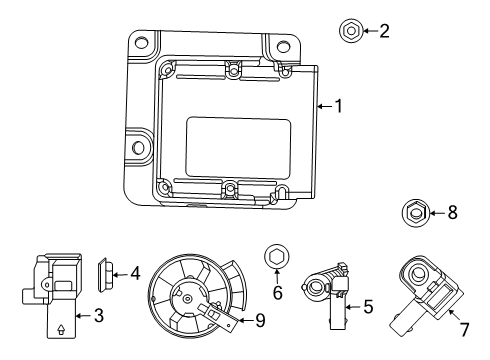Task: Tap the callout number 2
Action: click(x=384, y=31)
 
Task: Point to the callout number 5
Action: click(x=367, y=307)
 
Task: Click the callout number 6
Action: click(x=278, y=293)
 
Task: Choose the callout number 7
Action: click(x=463, y=329)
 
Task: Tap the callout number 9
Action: click(x=260, y=320)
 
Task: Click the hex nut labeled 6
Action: click(x=275, y=259)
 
